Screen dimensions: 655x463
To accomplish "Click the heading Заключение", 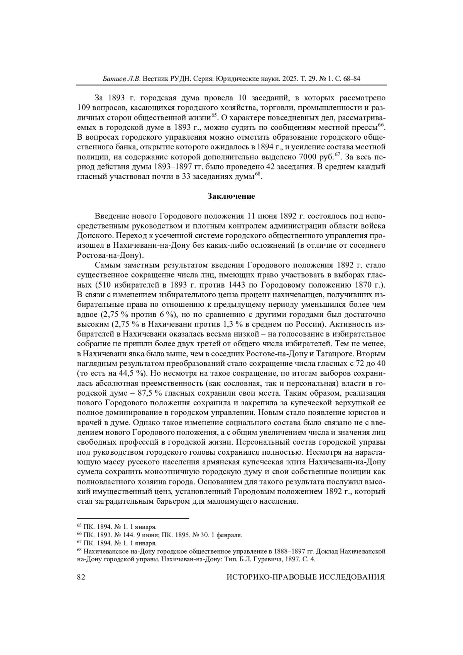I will coord(231,196).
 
